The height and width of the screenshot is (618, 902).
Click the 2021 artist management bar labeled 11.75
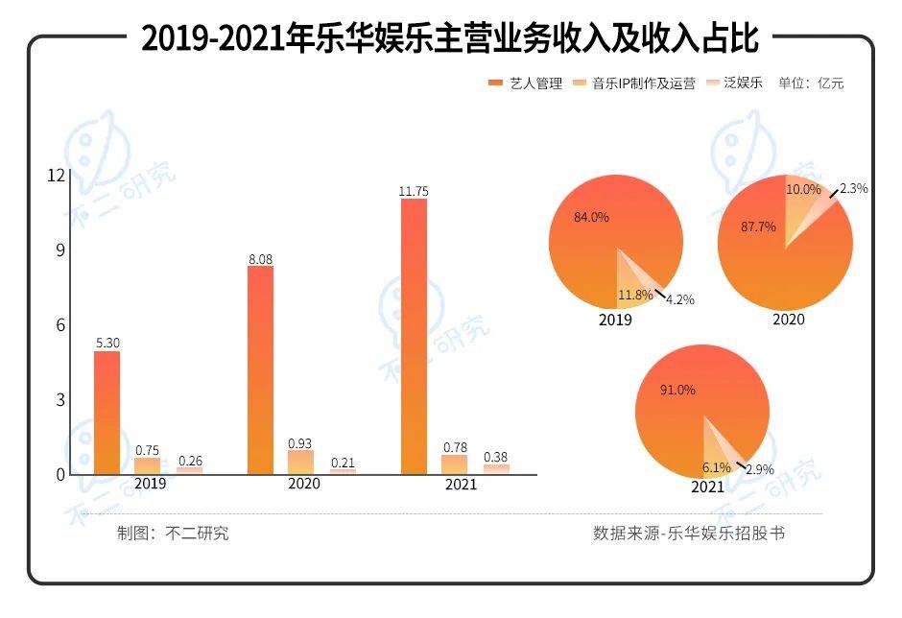(x=414, y=336)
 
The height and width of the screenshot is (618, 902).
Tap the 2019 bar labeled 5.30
(x=107, y=413)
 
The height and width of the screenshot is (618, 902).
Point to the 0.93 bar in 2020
(x=300, y=462)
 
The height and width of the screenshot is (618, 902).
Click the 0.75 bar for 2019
(x=147, y=465)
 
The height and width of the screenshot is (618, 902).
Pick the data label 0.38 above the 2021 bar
(x=496, y=456)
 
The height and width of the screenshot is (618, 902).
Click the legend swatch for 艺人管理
(x=495, y=83)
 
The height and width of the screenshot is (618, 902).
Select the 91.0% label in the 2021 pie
(x=678, y=391)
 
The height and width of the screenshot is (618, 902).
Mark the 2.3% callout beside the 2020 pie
(x=853, y=189)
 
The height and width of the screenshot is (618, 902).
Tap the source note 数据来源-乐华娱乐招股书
(x=689, y=533)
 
